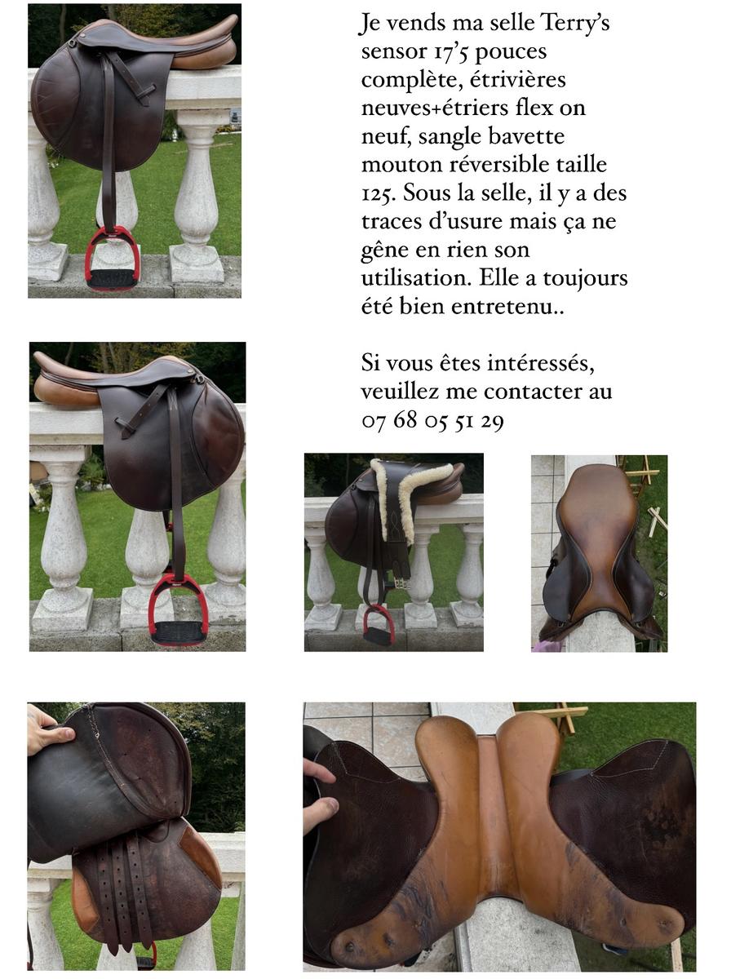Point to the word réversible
coord(498,165)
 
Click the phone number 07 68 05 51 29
coord(432,421)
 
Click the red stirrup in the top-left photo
coord(112,259)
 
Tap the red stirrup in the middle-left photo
coord(178,609)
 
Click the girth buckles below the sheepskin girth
coord(400,580)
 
